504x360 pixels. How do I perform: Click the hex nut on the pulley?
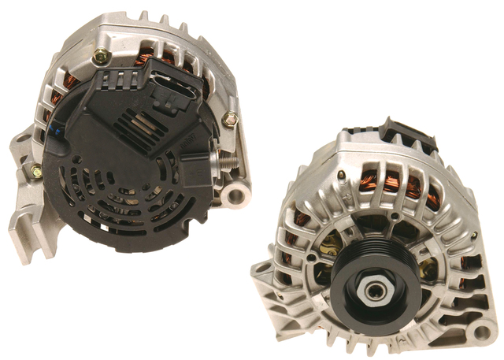[x=372, y=290]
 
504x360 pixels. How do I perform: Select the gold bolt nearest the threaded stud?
[x=229, y=119]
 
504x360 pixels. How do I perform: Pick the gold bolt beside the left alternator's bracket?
[x=35, y=169]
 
